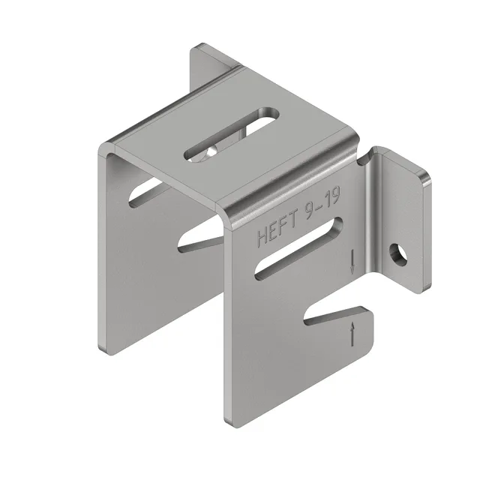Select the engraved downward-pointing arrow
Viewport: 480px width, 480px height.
tap(352, 262)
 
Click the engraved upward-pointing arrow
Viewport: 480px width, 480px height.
tap(353, 334)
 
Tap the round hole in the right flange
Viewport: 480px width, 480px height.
tap(398, 254)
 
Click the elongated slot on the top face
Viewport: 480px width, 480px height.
tap(231, 135)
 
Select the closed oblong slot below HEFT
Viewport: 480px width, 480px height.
tap(298, 248)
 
